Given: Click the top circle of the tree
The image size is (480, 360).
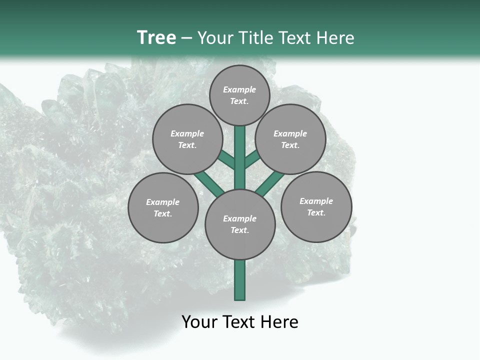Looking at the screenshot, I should pyautogui.click(x=239, y=95).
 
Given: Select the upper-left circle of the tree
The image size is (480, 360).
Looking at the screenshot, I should pyautogui.click(x=187, y=139).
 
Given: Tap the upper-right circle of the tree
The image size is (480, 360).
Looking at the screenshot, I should pyautogui.click(x=290, y=139).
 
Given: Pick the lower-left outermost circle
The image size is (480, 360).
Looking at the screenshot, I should pyautogui.click(x=163, y=207).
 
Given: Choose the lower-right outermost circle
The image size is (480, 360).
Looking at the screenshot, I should pyautogui.click(x=316, y=206).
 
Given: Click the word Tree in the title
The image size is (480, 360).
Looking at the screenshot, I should pyautogui.click(x=156, y=37).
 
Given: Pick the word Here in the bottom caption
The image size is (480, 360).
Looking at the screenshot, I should pyautogui.click(x=279, y=322).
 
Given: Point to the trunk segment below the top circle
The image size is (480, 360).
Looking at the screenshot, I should pyautogui.click(x=240, y=150).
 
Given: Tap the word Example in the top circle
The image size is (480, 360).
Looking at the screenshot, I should pyautogui.click(x=239, y=89).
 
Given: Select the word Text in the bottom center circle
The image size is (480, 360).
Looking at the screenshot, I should pyautogui.click(x=238, y=230).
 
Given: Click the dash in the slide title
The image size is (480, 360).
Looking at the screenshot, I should pyautogui.click(x=186, y=38).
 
